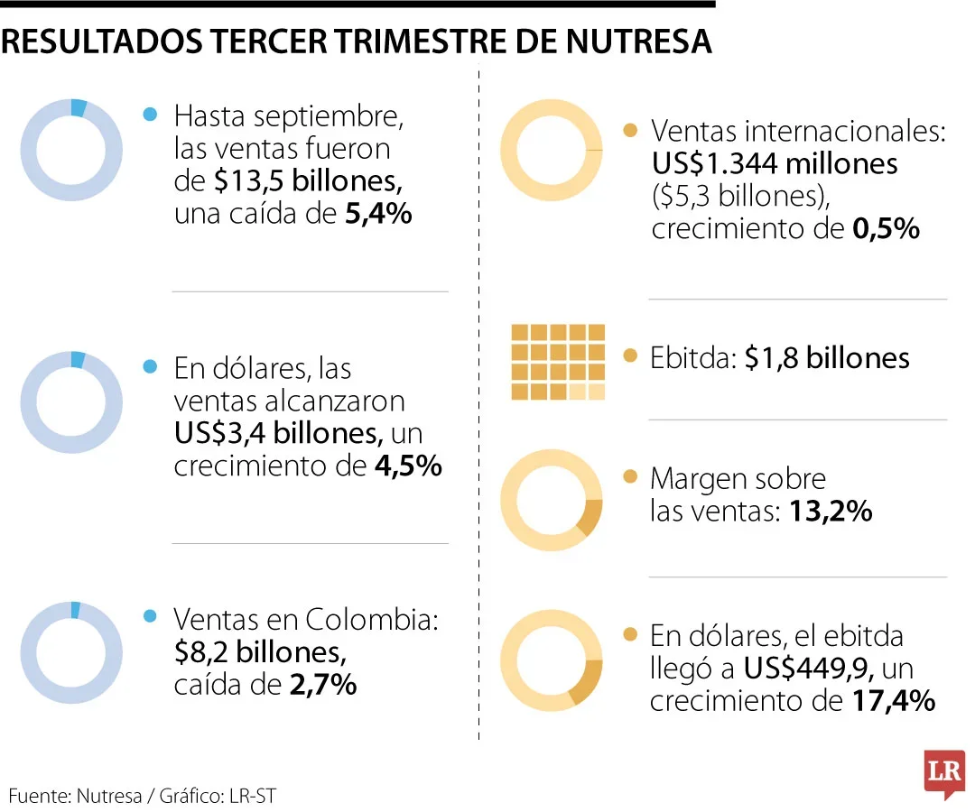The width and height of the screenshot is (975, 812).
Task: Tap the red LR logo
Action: pyautogui.click(x=943, y=773)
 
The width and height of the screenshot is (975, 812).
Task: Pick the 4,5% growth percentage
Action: pyautogui.click(x=407, y=466)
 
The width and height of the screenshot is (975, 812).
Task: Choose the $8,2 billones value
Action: pyautogui.click(x=259, y=651)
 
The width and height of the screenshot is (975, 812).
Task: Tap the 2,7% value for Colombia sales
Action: pyautogui.click(x=323, y=685)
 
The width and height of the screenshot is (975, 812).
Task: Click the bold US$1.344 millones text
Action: pyautogui.click(x=775, y=164)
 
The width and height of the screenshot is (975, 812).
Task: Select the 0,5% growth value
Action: pyautogui.click(x=886, y=229)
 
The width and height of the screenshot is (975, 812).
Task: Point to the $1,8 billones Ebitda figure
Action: pyautogui.click(x=827, y=358)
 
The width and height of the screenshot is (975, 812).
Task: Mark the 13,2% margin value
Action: pyautogui.click(x=831, y=512)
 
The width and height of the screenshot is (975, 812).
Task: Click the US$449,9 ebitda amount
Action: pyautogui.click(x=808, y=669)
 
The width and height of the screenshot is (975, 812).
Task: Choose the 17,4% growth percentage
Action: pyautogui.click(x=893, y=701)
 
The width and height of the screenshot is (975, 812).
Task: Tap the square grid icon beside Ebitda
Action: pyautogui.click(x=558, y=361)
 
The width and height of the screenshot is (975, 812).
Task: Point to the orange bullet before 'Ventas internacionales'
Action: pyautogui.click(x=630, y=132)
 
